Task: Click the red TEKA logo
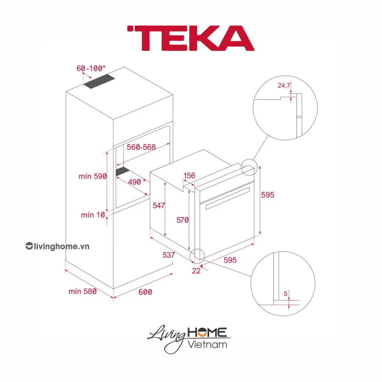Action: (x=190, y=38)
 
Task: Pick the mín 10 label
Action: (x=93, y=215)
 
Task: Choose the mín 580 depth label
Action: (x=82, y=291)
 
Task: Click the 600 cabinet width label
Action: (x=145, y=292)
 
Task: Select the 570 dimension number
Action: (x=183, y=220)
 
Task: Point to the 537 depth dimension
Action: (x=169, y=255)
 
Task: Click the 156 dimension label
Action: (x=189, y=176)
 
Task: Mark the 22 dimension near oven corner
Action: (x=196, y=271)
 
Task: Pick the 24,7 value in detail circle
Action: (x=284, y=86)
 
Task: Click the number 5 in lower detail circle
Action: (x=286, y=293)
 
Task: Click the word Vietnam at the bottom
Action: (x=207, y=344)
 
